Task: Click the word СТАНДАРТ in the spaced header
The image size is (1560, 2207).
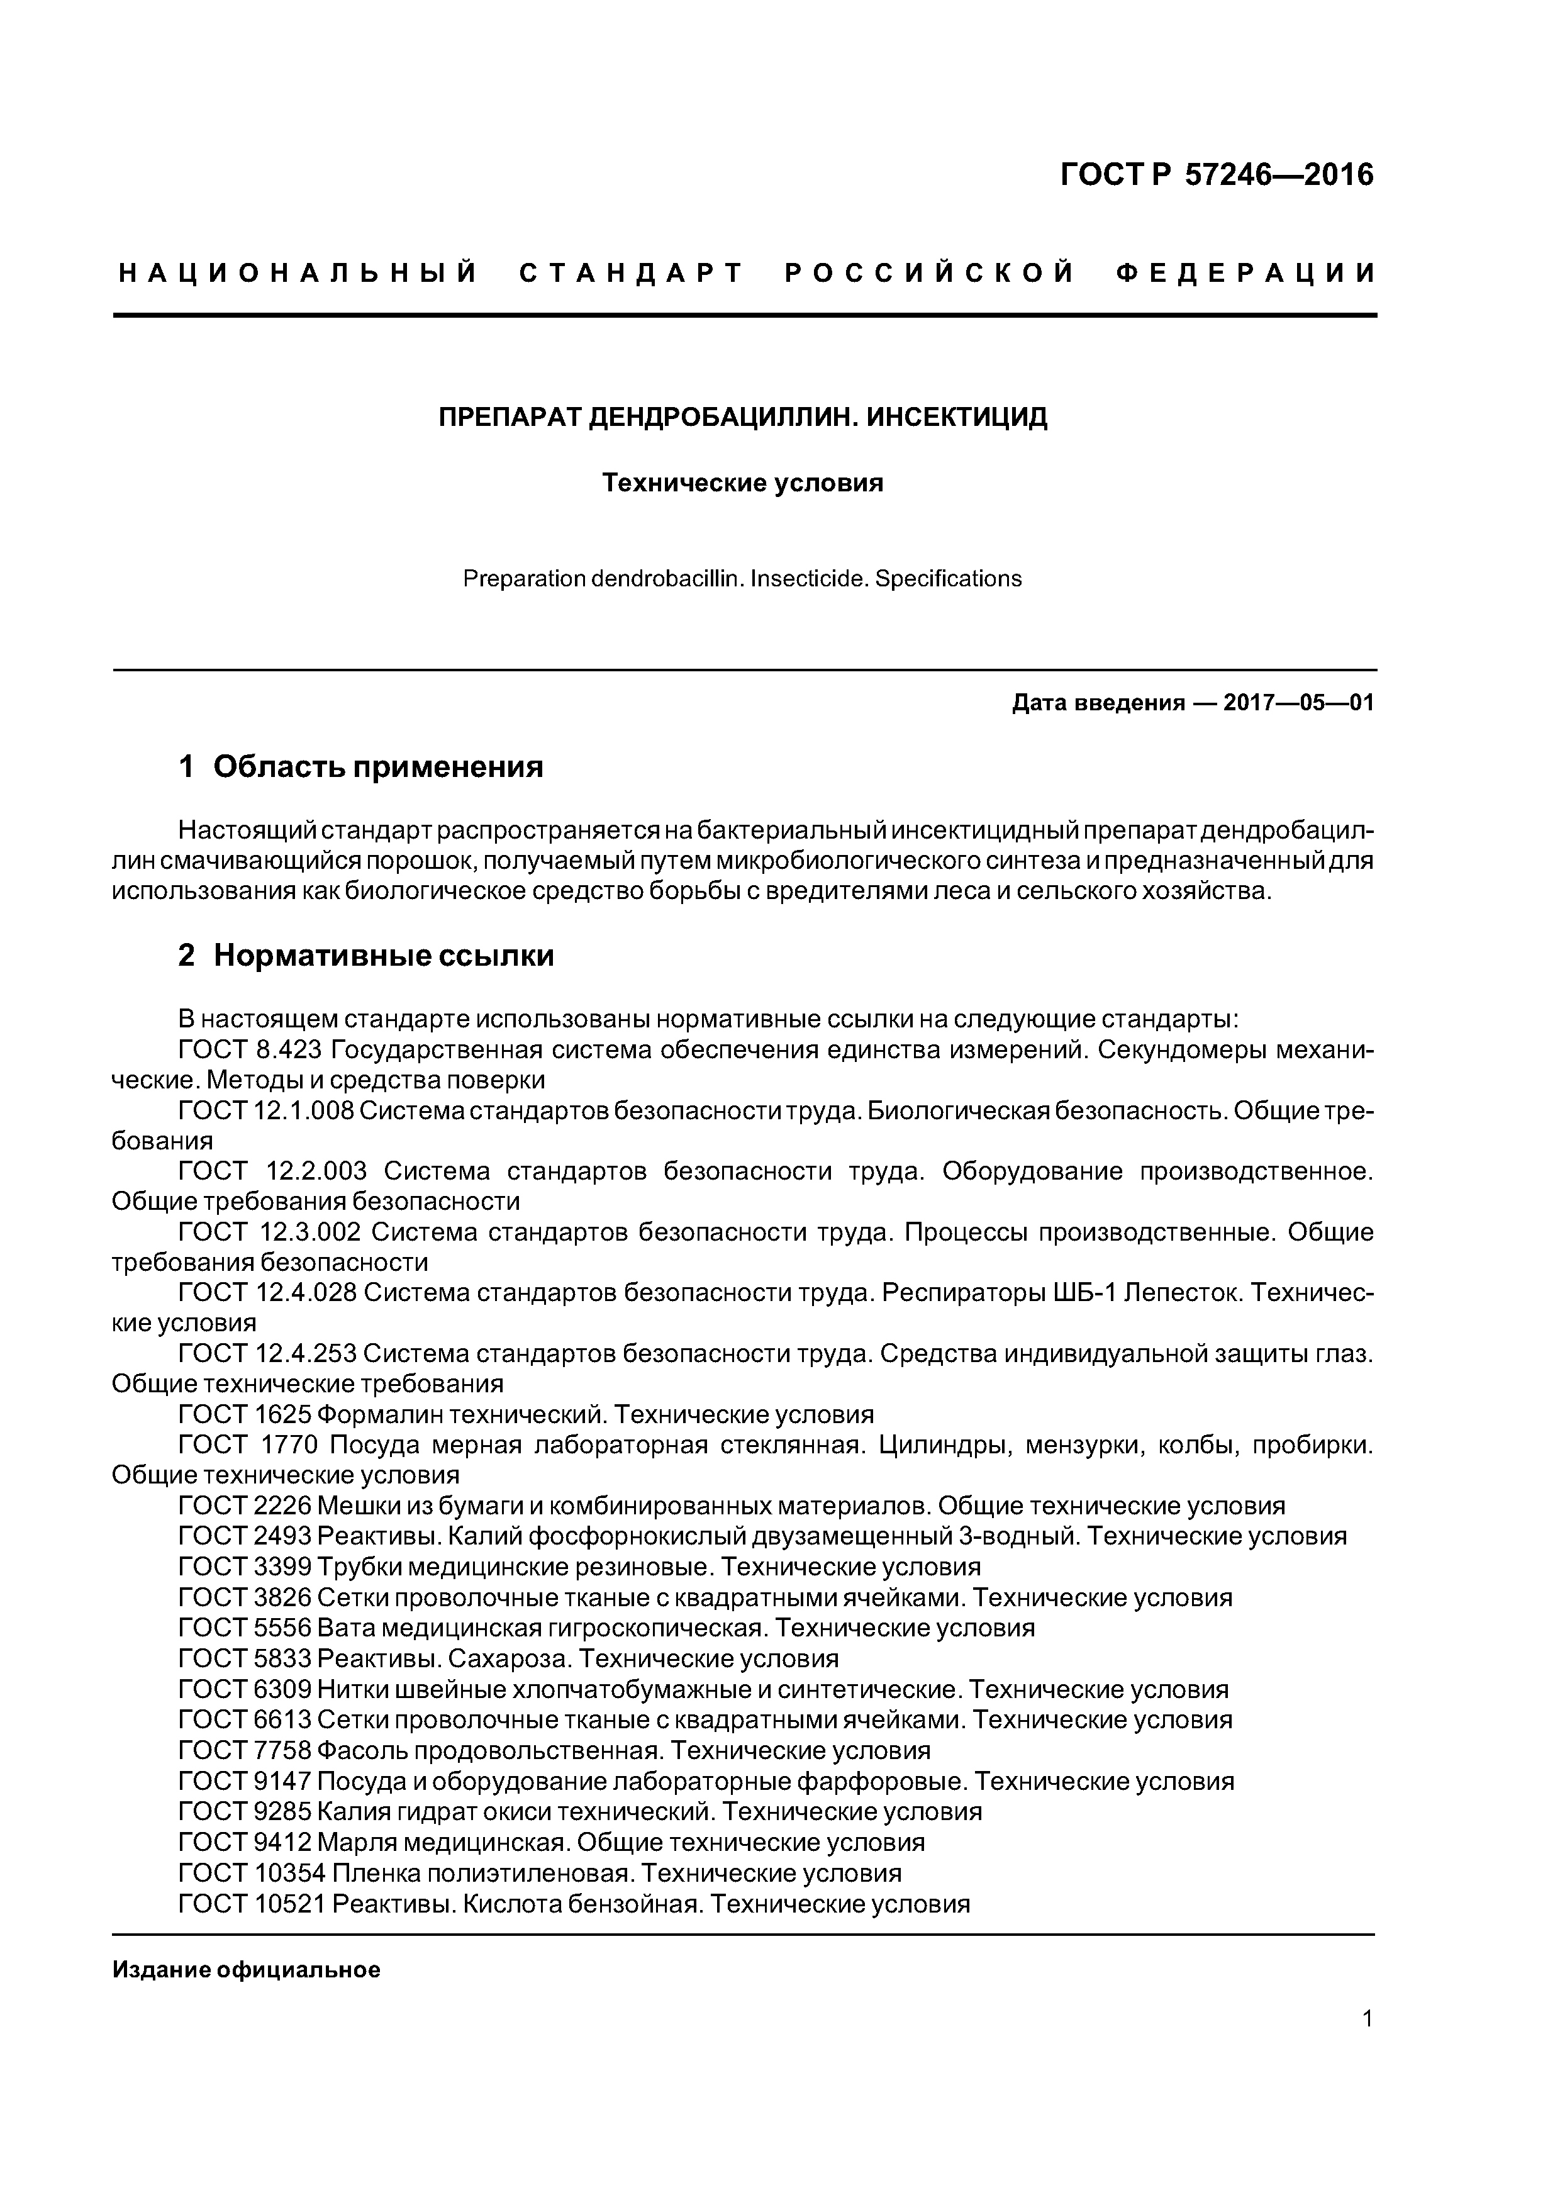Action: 632,274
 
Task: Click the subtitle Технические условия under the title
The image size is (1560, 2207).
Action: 742,483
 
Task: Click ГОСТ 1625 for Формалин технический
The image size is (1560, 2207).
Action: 245,1415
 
